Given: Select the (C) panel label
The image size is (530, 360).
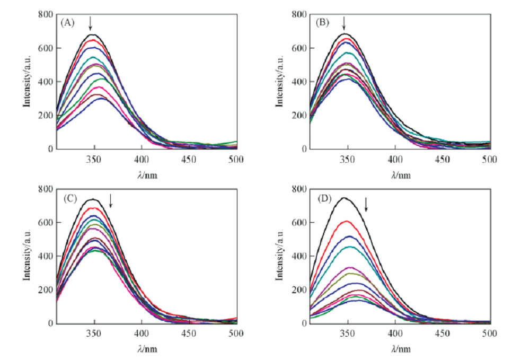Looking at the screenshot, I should pos(70,199).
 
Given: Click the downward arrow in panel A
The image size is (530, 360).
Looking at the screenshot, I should pos(90,23).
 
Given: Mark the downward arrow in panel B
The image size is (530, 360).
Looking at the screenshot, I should pos(344,23).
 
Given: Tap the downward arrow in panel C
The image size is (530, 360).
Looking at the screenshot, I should pos(110,200).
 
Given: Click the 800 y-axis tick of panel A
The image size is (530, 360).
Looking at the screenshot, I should pos(45,14).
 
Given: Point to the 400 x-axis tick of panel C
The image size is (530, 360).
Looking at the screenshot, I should pos(141,333).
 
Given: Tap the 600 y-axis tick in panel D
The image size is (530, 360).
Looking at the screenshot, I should pos(299,223).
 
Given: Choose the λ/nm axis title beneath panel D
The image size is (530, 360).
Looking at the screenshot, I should pos(399,349).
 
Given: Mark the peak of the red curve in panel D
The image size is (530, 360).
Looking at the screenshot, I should pos(346,221).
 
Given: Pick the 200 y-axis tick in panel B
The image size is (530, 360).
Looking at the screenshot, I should pos(299,116).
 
